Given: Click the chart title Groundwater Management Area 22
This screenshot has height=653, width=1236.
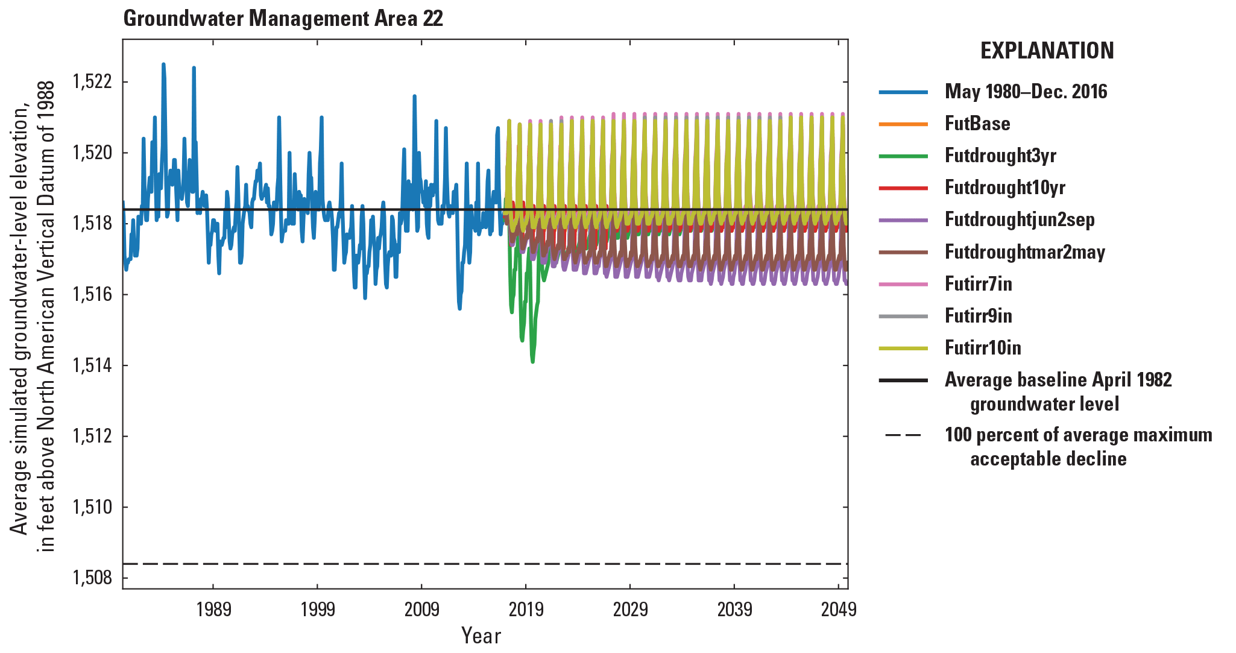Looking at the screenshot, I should tap(283, 19).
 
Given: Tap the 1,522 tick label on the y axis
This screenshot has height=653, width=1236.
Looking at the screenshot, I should tap(92, 81).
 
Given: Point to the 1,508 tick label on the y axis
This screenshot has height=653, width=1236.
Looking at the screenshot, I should tap(92, 578).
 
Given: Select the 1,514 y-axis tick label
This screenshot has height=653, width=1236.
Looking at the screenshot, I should tap(92, 365).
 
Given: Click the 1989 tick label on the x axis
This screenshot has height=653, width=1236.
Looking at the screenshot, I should tap(213, 610).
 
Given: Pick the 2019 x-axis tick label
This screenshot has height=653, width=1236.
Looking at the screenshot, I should tap(526, 610).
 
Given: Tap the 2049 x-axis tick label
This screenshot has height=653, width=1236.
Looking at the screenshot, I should tap(838, 610).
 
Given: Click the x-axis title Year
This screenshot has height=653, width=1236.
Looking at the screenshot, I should tap(481, 636).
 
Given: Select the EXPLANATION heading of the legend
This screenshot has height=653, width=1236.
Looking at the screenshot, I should tap(1047, 51).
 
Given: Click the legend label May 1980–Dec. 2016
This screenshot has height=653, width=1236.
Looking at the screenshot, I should tap(1026, 92).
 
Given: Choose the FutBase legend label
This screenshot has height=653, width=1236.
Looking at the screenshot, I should tap(977, 124).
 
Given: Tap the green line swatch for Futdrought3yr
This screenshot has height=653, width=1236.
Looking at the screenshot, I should tap(903, 156).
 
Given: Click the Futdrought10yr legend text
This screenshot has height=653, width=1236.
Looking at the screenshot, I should tap(1004, 188).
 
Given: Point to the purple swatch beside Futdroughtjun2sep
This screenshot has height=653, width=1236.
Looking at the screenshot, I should tap(903, 220).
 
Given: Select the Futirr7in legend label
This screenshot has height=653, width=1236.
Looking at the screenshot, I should tap(978, 284).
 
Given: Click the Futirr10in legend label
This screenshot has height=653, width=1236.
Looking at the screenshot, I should tap(983, 348).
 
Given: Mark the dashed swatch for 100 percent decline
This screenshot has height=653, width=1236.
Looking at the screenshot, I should tap(903, 435).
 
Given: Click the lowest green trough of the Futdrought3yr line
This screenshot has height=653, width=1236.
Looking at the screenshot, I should tap(532, 362).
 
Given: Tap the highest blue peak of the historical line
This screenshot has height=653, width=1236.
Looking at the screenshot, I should tap(163, 64).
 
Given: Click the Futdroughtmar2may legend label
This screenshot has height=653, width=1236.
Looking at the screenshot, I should tap(1024, 252).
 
